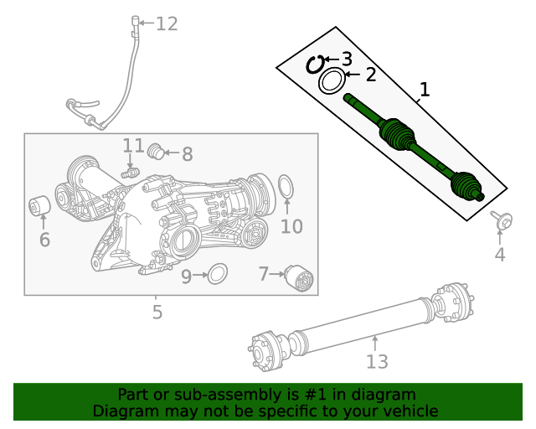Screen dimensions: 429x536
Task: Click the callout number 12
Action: (167, 23)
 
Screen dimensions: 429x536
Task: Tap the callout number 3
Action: (346, 59)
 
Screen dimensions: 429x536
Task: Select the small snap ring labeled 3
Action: (317, 64)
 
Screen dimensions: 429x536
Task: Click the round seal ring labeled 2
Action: (332, 82)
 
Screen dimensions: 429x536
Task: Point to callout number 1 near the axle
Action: (425, 89)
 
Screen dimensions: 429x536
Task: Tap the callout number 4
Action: (500, 255)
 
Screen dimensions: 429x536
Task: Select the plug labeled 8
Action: (154, 152)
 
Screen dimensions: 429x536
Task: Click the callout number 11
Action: (133, 147)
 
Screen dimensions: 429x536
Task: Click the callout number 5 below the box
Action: (157, 313)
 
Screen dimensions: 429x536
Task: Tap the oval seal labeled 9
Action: (217, 273)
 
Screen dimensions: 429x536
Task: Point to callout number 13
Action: (377, 361)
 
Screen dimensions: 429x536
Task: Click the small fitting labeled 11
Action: (128, 172)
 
